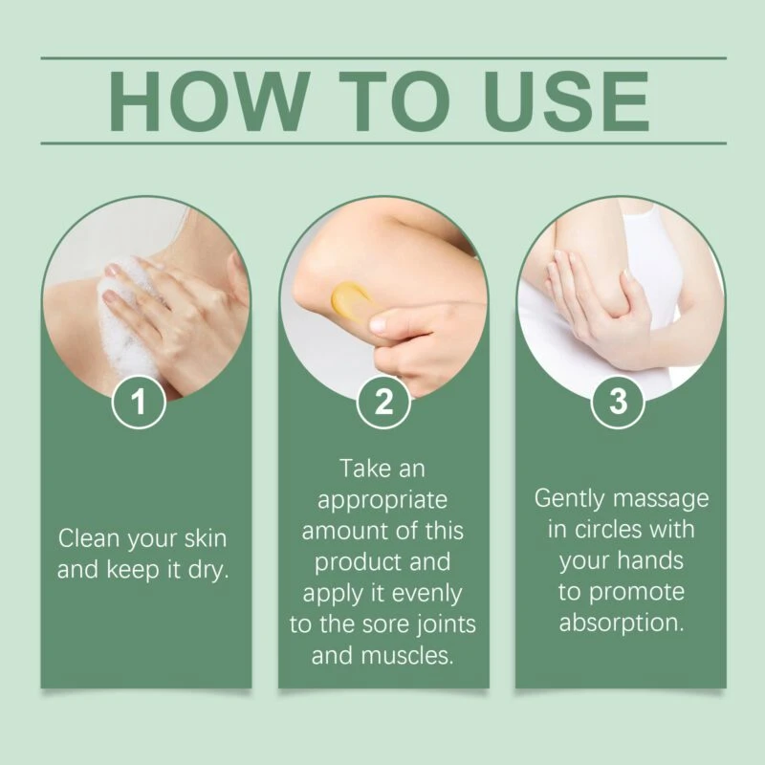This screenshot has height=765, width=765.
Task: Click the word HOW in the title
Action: tap(209, 101)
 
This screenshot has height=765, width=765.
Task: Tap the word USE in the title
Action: tap(567, 101)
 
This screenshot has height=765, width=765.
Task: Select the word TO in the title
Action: tap(395, 101)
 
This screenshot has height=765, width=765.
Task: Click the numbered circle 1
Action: tap(139, 402)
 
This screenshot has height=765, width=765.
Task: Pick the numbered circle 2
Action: tap(383, 402)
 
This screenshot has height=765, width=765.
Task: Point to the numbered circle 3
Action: tap(618, 402)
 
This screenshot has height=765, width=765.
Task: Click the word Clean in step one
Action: tap(89, 538)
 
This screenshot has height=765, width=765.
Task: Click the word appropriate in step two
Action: tap(382, 501)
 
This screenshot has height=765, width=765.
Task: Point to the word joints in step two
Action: tap(448, 625)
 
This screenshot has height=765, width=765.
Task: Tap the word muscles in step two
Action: tap(407, 656)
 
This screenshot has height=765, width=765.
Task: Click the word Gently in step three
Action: tap(569, 499)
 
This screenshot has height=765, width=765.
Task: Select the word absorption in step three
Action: tap(622, 623)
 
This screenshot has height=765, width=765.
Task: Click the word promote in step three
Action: tap(637, 593)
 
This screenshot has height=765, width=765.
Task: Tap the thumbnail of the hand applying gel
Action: tap(383, 297)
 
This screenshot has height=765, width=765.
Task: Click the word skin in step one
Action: tap(206, 538)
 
